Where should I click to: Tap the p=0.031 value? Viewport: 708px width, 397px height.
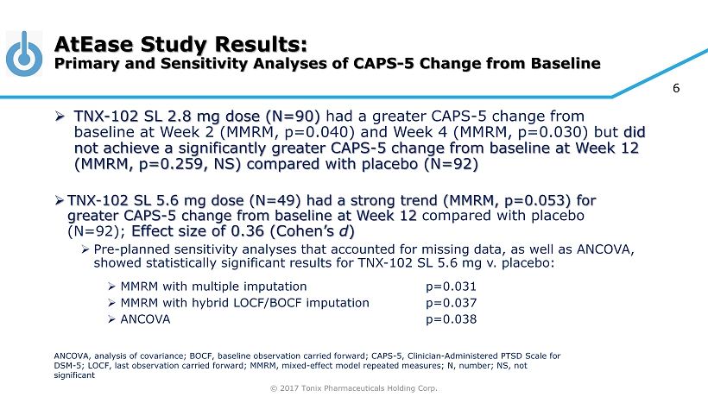(452, 287)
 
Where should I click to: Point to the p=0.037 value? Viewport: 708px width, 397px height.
(452, 303)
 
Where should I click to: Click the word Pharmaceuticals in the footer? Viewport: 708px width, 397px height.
(361, 388)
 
